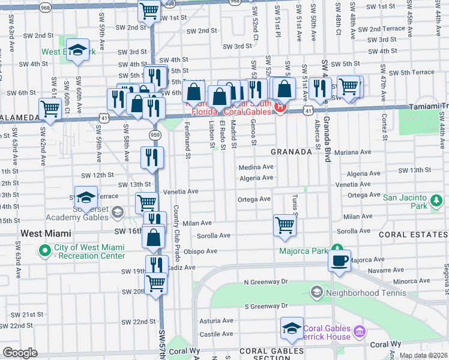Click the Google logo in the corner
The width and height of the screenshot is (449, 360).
pyautogui.click(x=19, y=353)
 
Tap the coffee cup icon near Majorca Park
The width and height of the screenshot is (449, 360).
pyautogui.click(x=340, y=261)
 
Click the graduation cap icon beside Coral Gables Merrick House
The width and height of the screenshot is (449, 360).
pyautogui.click(x=292, y=328)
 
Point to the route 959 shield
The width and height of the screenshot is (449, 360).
pyautogui.click(x=154, y=135)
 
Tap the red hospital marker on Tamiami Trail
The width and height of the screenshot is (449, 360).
pyautogui.click(x=279, y=107)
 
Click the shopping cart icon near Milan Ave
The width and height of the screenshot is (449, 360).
pyautogui.click(x=285, y=226)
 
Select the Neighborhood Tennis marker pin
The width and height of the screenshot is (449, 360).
pyautogui.click(x=316, y=293)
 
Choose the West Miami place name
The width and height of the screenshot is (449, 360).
pyautogui.click(x=46, y=233)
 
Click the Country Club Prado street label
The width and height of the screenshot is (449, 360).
pyautogui.click(x=176, y=227)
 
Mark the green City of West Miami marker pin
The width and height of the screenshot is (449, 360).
pyautogui.click(x=44, y=250)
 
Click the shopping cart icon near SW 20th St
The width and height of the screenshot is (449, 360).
pyautogui.click(x=155, y=282)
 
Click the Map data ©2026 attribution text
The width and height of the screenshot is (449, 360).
pyautogui.click(x=423, y=355)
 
